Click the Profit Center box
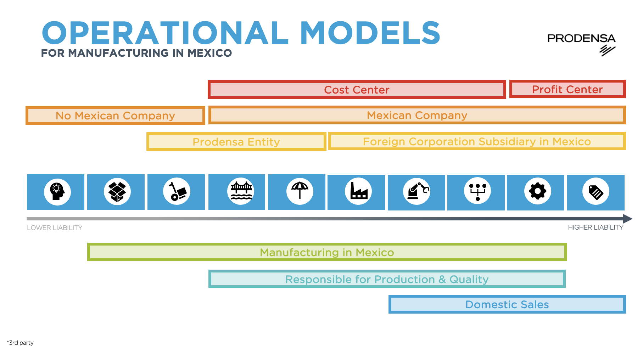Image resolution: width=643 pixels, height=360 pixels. coord(567,89)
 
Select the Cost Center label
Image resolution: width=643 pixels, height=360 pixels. coord(357,90)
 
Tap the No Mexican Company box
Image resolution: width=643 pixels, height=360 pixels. coord(115,116)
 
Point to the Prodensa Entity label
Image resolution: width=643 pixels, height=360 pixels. coord(236,142)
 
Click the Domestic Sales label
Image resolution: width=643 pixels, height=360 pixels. coord(507,304)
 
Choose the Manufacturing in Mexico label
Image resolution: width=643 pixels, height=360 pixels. coord(327,252)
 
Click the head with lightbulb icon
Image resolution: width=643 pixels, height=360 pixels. coord(57,192)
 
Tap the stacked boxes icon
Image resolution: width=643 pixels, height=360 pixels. coord(117,192)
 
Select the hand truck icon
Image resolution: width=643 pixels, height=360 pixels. coord(177,192)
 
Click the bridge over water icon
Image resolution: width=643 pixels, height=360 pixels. coord(241,191)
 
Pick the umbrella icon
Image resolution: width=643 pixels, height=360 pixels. coord(300,191)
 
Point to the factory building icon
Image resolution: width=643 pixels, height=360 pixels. coord(358,191)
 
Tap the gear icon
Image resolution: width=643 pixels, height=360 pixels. coord(537,191)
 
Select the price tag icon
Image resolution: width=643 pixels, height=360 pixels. coord(596,192)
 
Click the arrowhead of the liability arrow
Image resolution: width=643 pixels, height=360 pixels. coord(627,219)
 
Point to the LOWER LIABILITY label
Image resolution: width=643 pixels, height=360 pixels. coord(55,228)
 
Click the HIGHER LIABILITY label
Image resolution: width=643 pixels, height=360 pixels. coord(596,227)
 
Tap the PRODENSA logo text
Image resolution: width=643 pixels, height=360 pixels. coord(581,38)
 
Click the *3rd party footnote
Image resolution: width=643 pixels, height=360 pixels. coord(20,343)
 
